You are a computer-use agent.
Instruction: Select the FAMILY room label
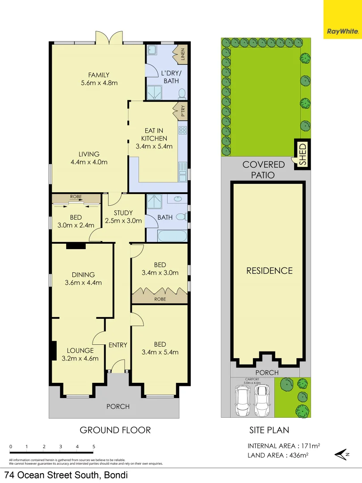[98, 75]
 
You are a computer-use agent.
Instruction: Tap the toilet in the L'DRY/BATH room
[182, 93]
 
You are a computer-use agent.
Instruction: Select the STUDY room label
[123, 213]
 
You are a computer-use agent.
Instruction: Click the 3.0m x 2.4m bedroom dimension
[74, 225]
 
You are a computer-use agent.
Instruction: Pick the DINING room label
[83, 275]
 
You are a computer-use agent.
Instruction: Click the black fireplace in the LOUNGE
[53, 351]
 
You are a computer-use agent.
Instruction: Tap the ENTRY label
[118, 345]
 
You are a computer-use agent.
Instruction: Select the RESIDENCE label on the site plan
[269, 271]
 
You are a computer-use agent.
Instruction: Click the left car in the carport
[243, 400]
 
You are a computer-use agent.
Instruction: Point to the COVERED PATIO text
[264, 170]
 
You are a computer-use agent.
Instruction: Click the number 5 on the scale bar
[94, 446]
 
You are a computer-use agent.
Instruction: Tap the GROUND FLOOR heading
[115, 430]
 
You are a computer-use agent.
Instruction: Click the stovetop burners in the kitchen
[182, 130]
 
